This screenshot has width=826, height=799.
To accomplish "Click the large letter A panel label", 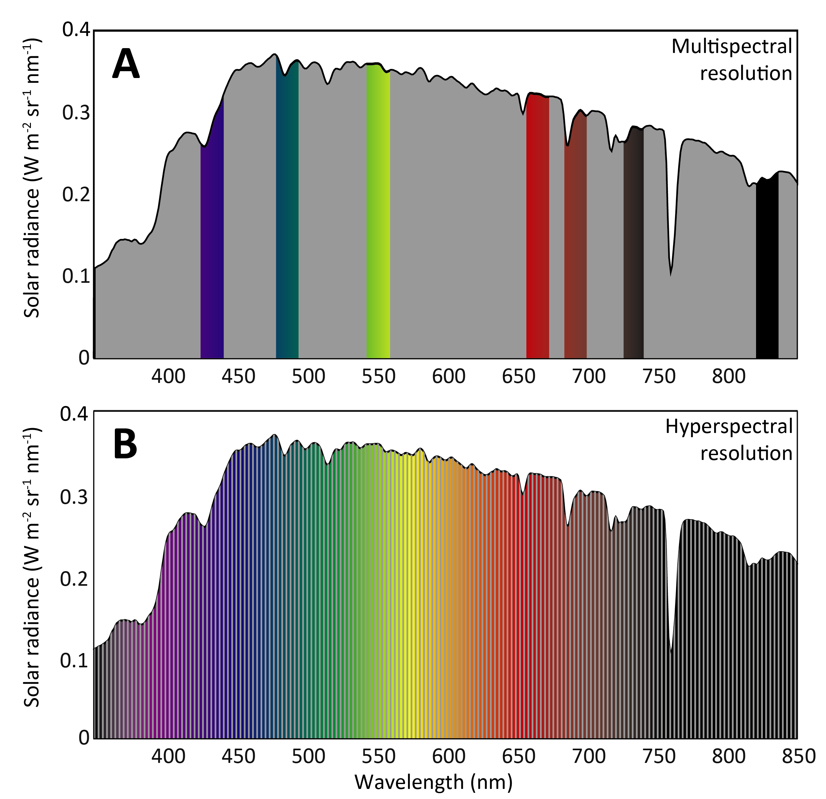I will [126, 64].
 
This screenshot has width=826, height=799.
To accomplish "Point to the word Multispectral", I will [732, 46].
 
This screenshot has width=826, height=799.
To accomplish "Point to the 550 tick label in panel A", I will [378, 376].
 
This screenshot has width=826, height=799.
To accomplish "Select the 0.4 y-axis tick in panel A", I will [76, 30].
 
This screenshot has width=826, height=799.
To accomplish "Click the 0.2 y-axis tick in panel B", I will [74, 580].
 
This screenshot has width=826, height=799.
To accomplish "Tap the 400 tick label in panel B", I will [168, 756].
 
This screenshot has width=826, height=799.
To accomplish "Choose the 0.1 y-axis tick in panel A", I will [76, 276].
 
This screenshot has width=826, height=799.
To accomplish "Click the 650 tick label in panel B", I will [518, 756].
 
